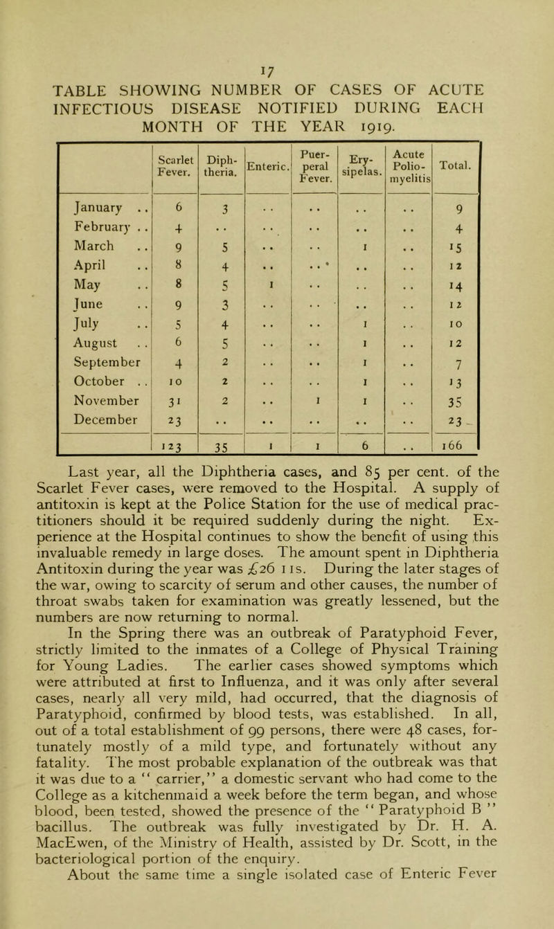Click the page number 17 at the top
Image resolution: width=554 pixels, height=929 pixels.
click(279, 11)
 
